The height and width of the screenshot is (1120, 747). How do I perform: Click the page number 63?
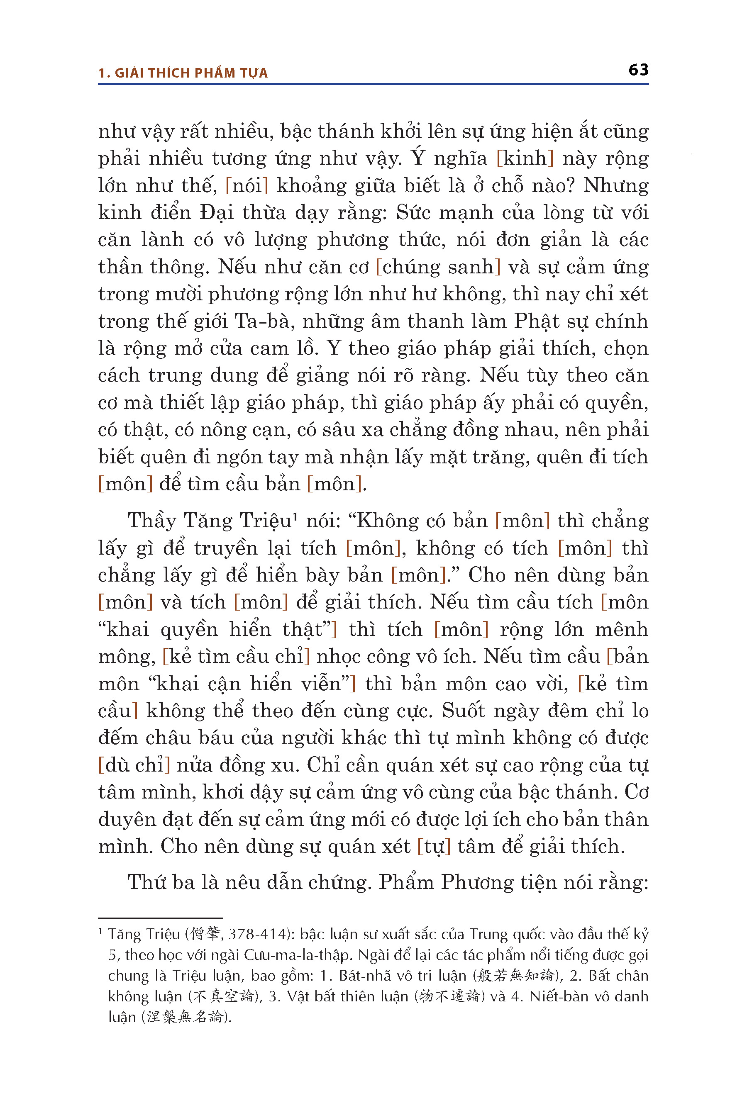point(638,70)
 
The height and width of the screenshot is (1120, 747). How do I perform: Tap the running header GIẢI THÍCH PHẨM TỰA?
point(191,73)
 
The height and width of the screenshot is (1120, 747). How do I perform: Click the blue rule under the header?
point(373,84)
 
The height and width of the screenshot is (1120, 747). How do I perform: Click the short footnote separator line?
point(160,918)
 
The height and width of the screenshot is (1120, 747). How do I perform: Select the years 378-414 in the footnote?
point(259,934)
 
